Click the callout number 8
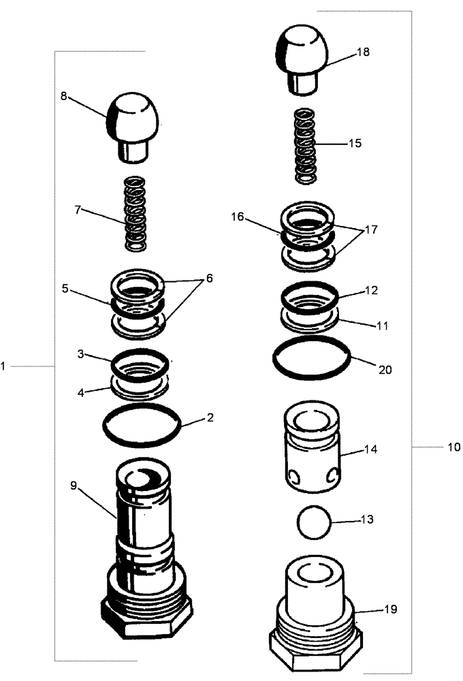(x=63, y=97)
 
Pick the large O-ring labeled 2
(x=142, y=426)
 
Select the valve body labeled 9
(x=144, y=545)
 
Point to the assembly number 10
(x=453, y=447)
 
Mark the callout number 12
(x=371, y=290)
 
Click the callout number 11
(x=381, y=326)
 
